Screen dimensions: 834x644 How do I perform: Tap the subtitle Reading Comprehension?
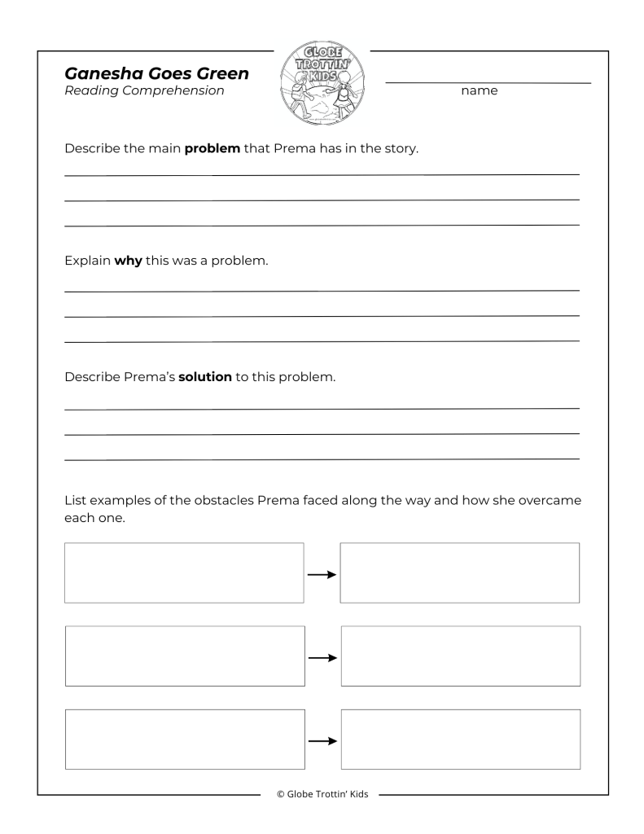click(143, 91)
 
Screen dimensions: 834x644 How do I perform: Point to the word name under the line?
click(479, 92)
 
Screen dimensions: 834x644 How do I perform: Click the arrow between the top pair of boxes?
click(322, 573)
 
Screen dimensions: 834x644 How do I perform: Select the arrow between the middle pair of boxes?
click(322, 656)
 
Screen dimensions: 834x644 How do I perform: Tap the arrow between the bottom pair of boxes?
click(322, 740)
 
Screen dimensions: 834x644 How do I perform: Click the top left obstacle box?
click(184, 573)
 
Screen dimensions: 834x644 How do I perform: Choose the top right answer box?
click(460, 573)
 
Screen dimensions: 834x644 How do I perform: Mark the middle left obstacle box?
click(184, 656)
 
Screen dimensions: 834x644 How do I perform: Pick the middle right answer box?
click(460, 656)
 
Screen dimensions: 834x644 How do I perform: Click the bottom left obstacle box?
click(184, 739)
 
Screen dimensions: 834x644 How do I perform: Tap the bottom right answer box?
click(460, 739)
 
